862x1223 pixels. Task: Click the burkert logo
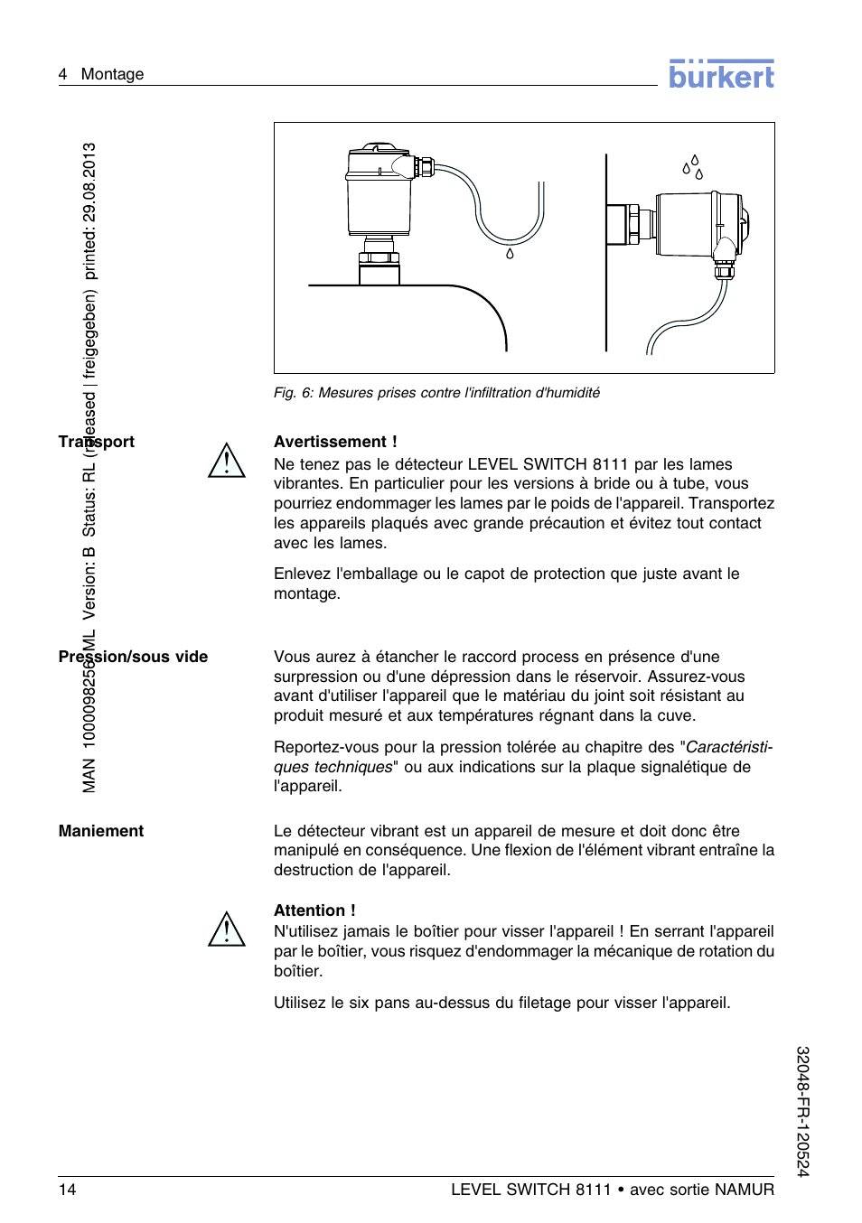point(721,74)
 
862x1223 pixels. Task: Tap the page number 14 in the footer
point(68,1189)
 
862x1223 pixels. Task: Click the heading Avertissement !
point(335,442)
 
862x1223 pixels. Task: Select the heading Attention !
point(314,910)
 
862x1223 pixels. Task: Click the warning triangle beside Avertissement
point(227,461)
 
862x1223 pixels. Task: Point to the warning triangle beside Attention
point(227,929)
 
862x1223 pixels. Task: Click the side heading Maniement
point(101,831)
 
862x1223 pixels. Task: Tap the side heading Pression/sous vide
point(133,657)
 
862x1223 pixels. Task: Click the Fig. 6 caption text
point(436,393)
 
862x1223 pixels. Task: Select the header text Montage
point(112,74)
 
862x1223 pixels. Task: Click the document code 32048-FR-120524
point(802,1111)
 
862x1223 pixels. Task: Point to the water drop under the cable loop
point(510,254)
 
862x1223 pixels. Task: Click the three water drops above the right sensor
point(693,167)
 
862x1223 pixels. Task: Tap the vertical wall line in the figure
point(606,253)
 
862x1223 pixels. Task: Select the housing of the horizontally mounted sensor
point(689,223)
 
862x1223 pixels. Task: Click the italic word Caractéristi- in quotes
point(729,747)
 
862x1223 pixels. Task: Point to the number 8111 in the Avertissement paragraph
point(610,464)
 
